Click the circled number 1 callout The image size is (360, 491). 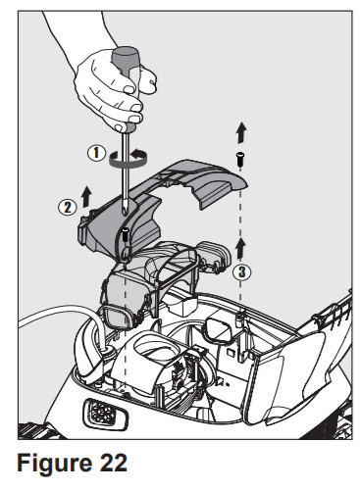tap(97, 153)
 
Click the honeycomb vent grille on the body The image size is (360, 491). tap(99, 413)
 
